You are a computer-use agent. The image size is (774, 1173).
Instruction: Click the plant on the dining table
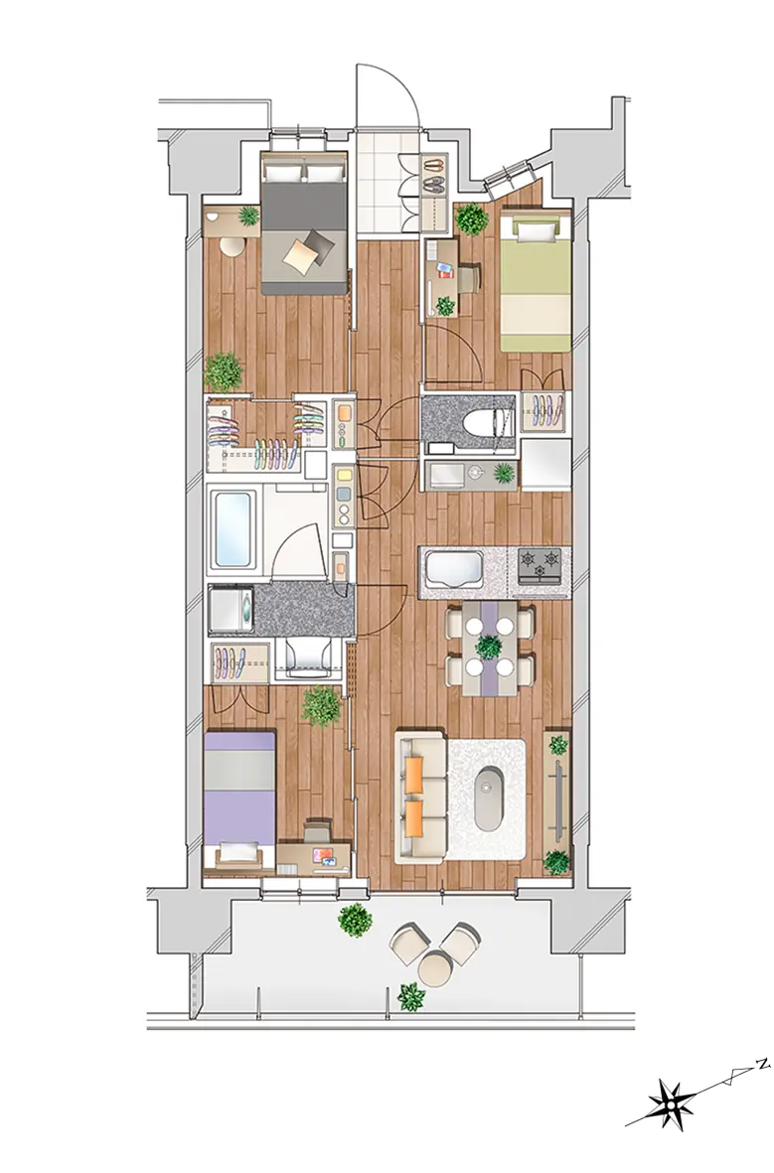click(x=490, y=646)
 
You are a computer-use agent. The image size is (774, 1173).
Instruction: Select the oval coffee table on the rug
click(x=489, y=798)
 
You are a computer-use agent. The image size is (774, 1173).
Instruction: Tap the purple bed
click(x=239, y=804)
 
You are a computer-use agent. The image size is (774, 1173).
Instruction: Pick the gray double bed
click(x=304, y=223)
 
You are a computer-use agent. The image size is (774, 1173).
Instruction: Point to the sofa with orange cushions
click(x=422, y=798)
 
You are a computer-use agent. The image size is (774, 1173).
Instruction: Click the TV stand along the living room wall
click(x=557, y=799)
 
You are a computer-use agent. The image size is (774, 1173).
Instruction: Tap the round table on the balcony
click(x=436, y=967)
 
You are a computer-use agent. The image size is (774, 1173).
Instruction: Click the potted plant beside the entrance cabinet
click(x=472, y=220)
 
